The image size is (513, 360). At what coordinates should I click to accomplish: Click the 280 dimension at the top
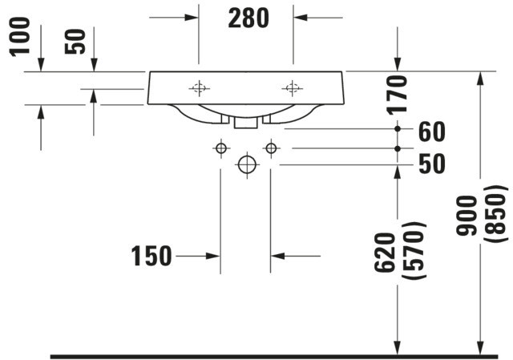(248, 18)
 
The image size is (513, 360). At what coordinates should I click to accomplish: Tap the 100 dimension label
(20, 37)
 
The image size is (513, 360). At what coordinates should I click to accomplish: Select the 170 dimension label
(398, 95)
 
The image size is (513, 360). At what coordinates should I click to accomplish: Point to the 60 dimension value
(432, 131)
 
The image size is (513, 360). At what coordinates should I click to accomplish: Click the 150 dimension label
(151, 256)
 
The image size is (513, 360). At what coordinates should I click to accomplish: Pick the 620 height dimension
(385, 253)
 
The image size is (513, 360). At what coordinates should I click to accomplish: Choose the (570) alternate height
(414, 251)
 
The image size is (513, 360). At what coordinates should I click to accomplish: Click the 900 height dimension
(467, 216)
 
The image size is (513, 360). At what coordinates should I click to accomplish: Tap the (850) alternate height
(495, 214)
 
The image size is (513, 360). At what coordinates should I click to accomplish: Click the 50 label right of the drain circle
(432, 164)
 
